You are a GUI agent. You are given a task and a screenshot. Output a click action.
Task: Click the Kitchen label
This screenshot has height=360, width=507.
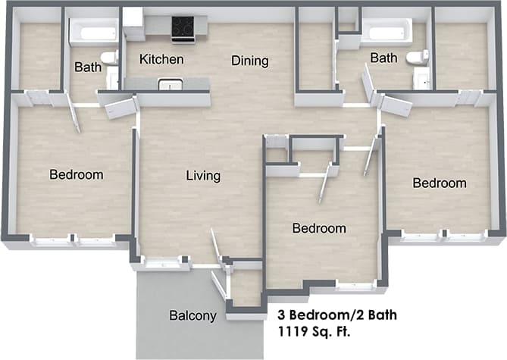162,59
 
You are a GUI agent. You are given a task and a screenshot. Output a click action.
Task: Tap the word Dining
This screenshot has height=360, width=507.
250,61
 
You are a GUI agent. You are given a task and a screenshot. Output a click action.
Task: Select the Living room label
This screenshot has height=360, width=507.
203,176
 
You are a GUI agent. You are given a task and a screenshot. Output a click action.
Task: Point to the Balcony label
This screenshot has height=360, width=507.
193,316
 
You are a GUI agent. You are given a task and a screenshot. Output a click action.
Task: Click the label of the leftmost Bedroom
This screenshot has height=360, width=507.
76,175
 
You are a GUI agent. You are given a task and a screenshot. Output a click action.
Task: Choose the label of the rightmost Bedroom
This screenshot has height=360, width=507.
440,183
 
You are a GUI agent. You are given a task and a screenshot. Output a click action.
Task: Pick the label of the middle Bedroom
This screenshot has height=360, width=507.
319,228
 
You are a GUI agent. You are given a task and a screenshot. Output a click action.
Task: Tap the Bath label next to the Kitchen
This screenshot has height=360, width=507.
88,67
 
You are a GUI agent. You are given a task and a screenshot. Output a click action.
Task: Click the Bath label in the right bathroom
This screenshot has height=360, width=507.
383,58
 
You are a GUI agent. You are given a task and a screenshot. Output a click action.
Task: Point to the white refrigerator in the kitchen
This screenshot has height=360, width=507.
133,24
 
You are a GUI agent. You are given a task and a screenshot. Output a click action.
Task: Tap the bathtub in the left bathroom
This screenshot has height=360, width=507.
92,33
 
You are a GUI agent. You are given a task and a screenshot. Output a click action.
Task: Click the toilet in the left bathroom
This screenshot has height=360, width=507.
110,57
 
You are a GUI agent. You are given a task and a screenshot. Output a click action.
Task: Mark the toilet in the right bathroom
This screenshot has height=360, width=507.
415,57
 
